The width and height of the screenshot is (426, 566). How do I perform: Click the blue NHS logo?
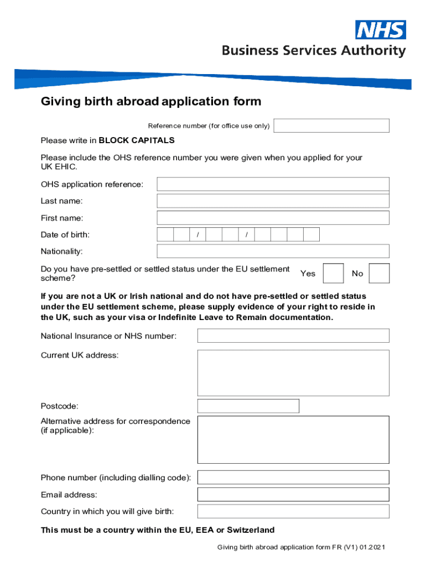[381, 30]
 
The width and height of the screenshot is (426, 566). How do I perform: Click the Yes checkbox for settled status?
[333, 274]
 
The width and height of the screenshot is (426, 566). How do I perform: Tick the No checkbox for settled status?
[379, 274]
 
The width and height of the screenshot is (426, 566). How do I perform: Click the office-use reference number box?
[331, 125]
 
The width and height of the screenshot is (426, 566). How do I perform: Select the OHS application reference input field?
[273, 184]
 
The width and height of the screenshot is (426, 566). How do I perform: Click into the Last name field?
[273, 201]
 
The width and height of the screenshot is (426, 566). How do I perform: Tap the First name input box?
[273, 218]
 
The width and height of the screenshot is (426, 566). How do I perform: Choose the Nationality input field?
[273, 251]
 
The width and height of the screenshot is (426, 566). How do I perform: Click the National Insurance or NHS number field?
[293, 336]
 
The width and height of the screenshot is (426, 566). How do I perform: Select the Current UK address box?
[293, 373]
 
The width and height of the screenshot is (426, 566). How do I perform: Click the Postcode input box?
[248, 406]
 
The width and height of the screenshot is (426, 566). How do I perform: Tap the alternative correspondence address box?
[293, 439]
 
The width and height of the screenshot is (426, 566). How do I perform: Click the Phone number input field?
[293, 478]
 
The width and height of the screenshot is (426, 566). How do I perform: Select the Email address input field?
[293, 495]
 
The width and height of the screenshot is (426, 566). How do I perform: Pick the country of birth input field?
[293, 511]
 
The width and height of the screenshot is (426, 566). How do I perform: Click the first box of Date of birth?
[165, 234]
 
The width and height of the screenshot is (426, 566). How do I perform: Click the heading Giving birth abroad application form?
[150, 102]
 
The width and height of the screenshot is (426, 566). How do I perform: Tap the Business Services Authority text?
[314, 51]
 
